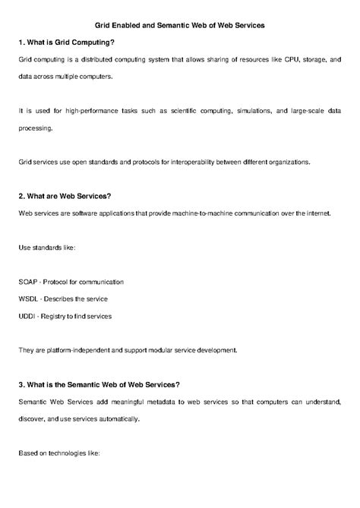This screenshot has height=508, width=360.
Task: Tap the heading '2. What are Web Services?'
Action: pyautogui.click(x=64, y=196)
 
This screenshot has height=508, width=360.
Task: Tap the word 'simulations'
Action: pyautogui.click(x=245, y=111)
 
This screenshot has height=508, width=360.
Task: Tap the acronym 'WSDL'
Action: pyautogui.click(x=27, y=298)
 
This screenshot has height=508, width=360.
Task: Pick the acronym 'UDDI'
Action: pyautogui.click(x=26, y=316)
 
